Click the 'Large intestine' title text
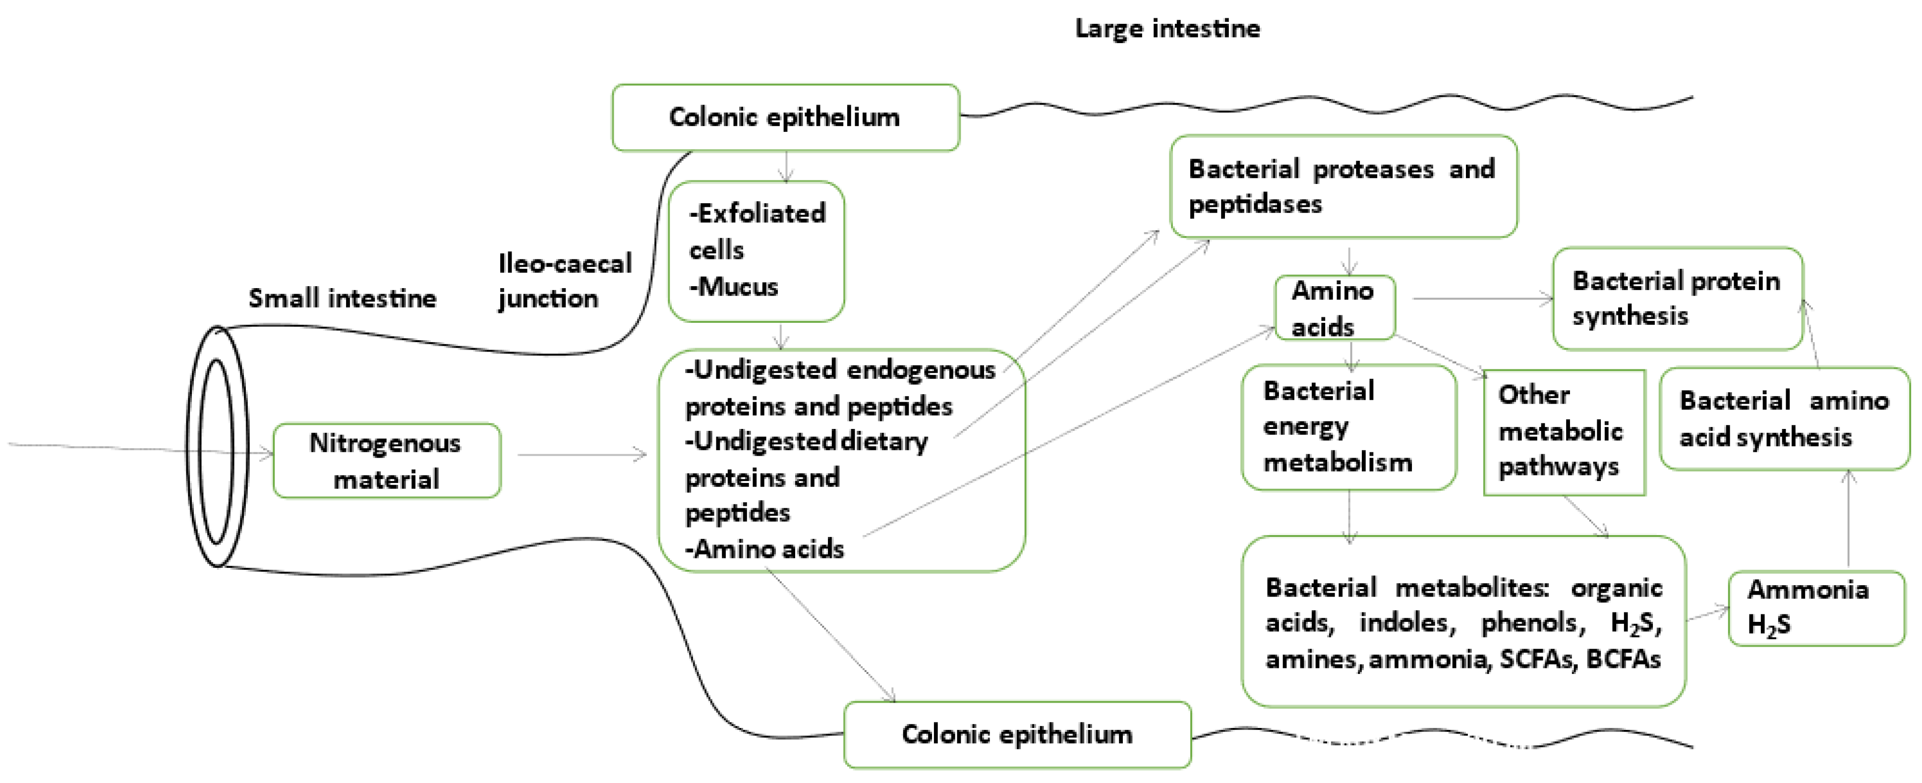coord(1167,28)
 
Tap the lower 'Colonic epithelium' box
coord(1017,734)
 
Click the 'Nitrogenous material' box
coord(387,461)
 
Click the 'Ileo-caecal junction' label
coord(564,281)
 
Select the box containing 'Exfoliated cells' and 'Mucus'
coord(756,251)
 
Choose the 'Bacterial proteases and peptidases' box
coord(1342,186)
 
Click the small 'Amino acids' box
coord(1334,307)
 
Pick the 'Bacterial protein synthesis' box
coord(1677,299)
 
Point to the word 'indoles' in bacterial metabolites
coord(1406,622)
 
